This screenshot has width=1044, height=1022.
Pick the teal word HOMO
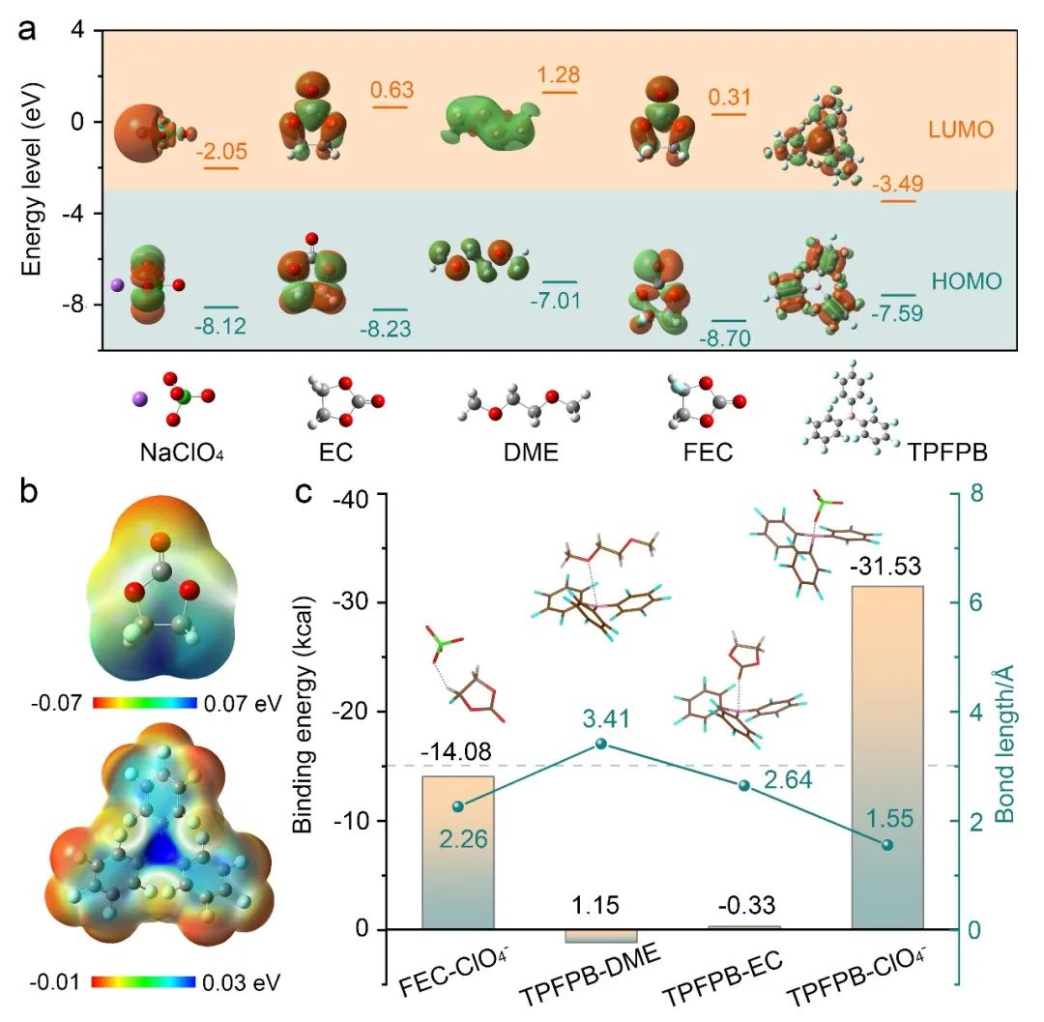[967, 282]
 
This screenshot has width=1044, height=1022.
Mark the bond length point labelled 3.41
[600, 744]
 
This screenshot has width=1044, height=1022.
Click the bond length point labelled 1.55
[887, 845]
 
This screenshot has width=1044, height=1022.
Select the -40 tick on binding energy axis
[351, 494]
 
